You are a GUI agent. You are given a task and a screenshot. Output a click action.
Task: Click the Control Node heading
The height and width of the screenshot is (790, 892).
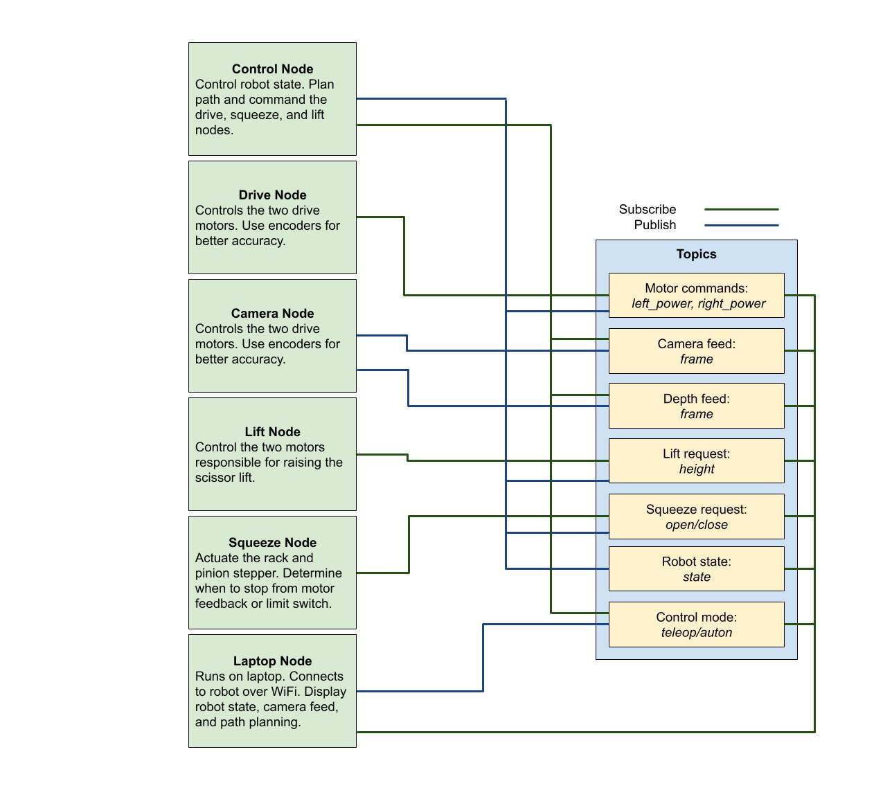click(x=272, y=69)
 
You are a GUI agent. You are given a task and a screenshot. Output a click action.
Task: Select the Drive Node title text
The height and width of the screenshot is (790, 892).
click(x=272, y=195)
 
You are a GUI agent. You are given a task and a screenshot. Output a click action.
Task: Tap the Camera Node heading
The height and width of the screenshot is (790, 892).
click(x=272, y=314)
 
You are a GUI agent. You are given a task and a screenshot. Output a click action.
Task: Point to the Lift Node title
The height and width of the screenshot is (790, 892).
click(x=272, y=432)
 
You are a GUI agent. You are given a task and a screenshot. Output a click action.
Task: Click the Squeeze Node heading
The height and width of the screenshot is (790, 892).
click(x=272, y=543)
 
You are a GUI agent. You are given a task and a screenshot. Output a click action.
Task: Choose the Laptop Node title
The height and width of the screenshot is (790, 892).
click(x=272, y=661)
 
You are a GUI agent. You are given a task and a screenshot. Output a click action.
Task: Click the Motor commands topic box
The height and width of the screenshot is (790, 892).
click(x=696, y=296)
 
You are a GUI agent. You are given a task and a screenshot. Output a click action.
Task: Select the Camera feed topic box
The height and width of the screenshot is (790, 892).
click(x=696, y=351)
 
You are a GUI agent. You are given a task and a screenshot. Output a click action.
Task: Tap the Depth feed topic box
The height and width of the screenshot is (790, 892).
click(x=696, y=406)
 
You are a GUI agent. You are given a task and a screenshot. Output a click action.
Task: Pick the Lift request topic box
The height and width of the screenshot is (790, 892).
click(x=696, y=461)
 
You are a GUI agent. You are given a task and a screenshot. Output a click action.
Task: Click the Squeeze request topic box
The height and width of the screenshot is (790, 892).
click(x=696, y=517)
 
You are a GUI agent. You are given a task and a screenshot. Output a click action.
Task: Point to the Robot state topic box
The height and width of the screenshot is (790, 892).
click(x=696, y=569)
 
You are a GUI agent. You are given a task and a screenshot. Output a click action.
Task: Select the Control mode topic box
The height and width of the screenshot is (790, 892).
click(x=696, y=625)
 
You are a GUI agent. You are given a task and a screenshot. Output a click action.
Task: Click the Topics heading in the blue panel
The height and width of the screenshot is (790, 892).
click(x=696, y=254)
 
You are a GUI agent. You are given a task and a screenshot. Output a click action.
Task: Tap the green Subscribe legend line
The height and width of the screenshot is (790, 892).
click(x=741, y=209)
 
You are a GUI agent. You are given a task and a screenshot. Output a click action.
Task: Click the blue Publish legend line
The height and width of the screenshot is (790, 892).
click(x=741, y=225)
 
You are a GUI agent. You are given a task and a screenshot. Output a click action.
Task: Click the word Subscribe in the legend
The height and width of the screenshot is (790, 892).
click(x=647, y=209)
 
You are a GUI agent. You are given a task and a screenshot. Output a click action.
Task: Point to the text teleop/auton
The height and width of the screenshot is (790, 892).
click(x=696, y=632)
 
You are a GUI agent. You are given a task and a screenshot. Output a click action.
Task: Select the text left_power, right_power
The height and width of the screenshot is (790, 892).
click(x=698, y=303)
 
